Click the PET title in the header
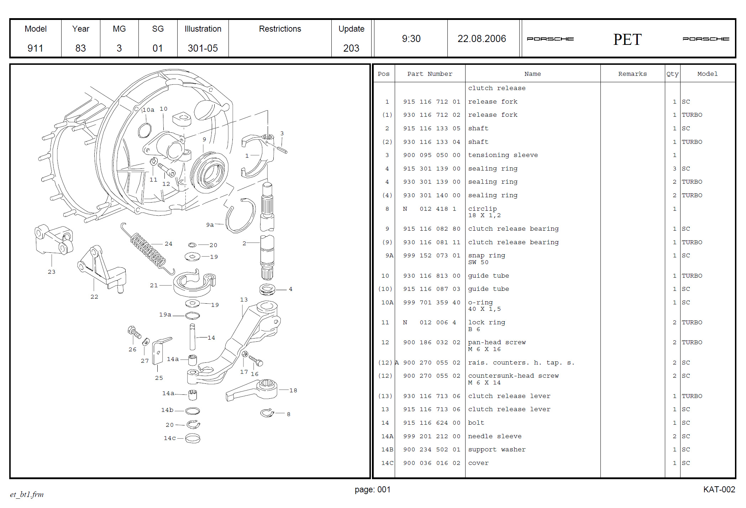click(627, 39)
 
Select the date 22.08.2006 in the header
click(482, 38)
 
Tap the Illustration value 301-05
click(203, 48)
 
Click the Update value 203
click(351, 48)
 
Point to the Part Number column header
click(430, 74)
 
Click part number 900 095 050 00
click(431, 155)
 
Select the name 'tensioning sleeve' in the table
click(503, 155)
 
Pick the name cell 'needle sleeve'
click(494, 436)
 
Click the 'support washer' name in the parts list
click(497, 450)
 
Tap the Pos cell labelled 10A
click(387, 303)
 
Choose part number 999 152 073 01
click(431, 256)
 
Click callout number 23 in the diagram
click(52, 272)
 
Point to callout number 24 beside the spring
click(168, 244)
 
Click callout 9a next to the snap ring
click(210, 225)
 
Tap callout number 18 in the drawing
click(293, 390)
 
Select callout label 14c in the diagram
click(169, 438)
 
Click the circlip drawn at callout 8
click(267, 413)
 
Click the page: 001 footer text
click(372, 489)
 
